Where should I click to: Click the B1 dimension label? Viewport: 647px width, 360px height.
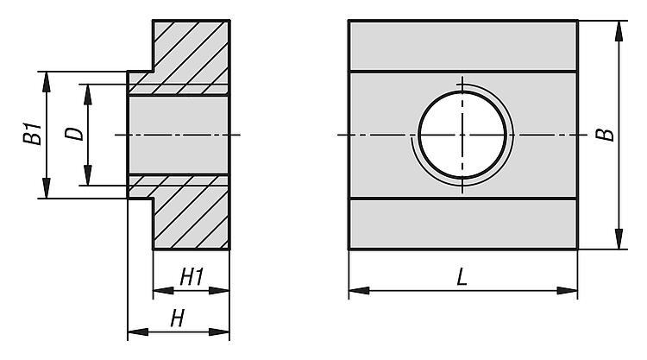pos(32,133)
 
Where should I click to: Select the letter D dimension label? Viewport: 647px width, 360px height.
pos(74,134)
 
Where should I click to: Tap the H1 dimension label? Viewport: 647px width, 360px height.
pos(192,276)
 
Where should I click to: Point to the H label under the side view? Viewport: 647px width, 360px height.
pos(178,319)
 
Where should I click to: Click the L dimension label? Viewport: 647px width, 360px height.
pos(462,276)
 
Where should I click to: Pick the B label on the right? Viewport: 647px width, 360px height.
pos(606,135)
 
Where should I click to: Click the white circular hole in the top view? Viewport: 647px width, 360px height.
pos(462,135)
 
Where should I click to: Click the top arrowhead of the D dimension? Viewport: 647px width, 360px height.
pos(87,95)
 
